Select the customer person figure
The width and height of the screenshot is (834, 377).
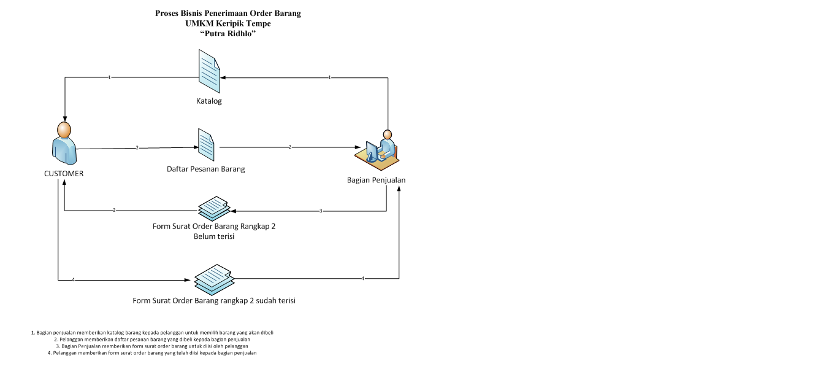64,143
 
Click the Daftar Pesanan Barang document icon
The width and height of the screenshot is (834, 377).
206,144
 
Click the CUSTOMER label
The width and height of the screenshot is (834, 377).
64,174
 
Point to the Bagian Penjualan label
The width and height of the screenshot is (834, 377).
376,181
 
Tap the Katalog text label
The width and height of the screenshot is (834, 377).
208,101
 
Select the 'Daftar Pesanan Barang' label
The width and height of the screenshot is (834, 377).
206,169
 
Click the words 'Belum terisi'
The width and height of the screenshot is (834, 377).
214,236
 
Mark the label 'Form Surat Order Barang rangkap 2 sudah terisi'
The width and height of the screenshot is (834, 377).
218,301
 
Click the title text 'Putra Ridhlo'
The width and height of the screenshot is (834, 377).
228,34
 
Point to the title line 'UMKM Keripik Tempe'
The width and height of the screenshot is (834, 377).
228,23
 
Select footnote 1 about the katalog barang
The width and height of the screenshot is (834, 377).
152,332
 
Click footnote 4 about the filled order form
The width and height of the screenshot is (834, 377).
152,353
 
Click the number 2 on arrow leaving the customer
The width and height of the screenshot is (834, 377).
137,148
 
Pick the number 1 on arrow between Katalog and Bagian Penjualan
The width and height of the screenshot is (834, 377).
330,78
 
